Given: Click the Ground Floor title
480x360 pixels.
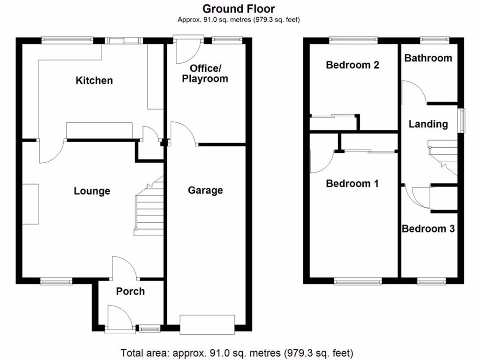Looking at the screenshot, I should (x=239, y=8).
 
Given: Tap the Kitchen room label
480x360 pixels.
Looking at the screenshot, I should (x=94, y=81).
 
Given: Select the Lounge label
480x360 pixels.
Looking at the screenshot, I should (x=92, y=191).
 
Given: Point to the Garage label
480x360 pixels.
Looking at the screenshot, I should (x=205, y=190).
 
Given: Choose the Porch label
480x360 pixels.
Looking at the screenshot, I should (x=130, y=291).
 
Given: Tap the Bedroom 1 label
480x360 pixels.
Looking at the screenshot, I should (x=352, y=183).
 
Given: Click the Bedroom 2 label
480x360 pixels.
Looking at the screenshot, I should (x=352, y=65).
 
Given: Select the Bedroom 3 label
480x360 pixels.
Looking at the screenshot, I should (x=428, y=229).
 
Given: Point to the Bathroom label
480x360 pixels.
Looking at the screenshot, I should (x=428, y=58).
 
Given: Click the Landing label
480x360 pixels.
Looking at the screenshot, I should (x=428, y=124).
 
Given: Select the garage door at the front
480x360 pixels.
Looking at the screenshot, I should (x=207, y=324).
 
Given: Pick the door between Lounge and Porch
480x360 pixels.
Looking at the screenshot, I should (x=124, y=267).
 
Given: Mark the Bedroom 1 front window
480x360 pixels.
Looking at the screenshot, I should (x=358, y=281).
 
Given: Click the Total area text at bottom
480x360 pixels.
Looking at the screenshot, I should (x=237, y=352).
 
